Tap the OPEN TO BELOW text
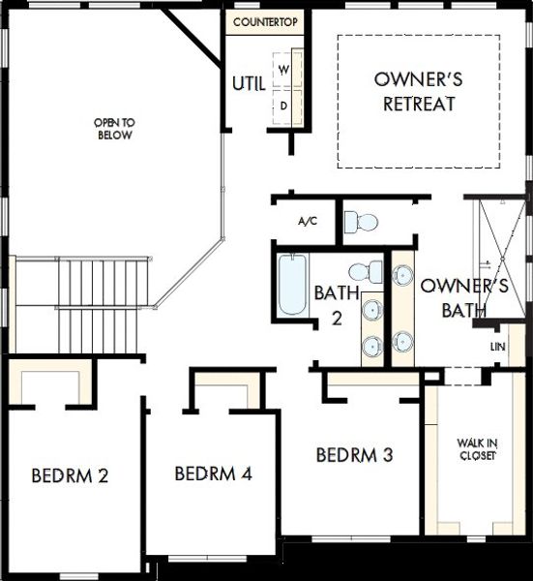[113, 129]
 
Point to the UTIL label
[248, 83]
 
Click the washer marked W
[285, 70]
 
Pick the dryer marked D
[285, 104]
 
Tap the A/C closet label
[307, 221]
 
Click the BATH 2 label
[336, 304]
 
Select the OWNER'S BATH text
[463, 298]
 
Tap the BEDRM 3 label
[354, 454]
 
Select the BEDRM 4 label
[214, 474]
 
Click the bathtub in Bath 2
[291, 285]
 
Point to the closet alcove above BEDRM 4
[227, 391]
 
